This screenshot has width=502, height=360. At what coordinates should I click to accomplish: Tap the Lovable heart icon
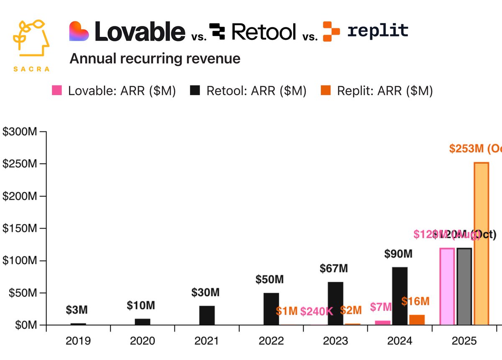click(79, 31)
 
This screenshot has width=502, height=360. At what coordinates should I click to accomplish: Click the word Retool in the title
click(264, 31)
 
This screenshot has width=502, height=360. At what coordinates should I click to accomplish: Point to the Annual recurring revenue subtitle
click(155, 59)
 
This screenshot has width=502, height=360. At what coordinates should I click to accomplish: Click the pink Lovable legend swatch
click(56, 90)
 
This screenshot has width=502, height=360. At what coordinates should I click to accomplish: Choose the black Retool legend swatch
click(195, 90)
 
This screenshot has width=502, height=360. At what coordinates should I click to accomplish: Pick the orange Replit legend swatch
click(325, 90)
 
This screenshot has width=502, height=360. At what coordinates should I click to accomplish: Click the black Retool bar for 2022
click(271, 309)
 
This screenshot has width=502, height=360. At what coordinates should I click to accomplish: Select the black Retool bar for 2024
click(400, 296)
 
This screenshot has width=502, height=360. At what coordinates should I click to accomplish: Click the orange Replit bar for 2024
click(417, 320)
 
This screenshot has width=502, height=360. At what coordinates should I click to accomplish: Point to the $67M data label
click(336, 268)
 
